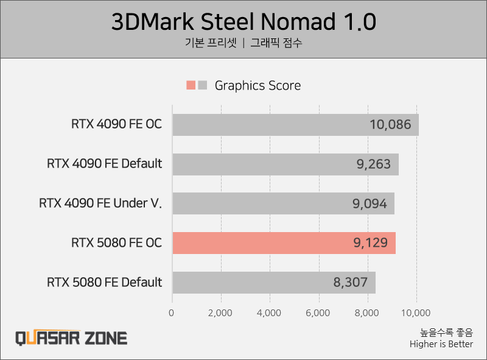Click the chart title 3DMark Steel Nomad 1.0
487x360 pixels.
click(243, 22)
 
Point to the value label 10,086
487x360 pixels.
click(390, 125)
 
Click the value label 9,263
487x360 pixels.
click(373, 164)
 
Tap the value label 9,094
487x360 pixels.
click(370, 203)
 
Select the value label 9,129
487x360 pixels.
click(370, 242)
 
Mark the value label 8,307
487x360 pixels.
click(351, 282)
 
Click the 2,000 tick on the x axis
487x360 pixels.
click(220, 313)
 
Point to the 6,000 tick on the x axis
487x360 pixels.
click(318, 313)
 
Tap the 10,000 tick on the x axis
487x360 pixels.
click(416, 313)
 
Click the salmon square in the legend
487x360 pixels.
click(191, 85)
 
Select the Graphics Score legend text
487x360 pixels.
click(258, 85)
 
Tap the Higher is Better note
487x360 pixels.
click(441, 345)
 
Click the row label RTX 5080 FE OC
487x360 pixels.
click(117, 242)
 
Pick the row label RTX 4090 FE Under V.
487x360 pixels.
click(100, 203)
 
